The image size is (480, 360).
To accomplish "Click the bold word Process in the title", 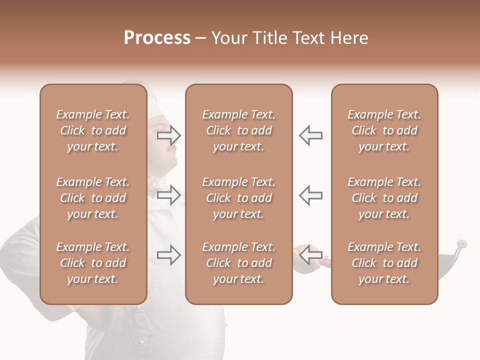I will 157,38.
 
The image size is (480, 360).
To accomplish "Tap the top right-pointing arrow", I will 169,135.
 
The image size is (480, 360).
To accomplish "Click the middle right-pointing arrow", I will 169,195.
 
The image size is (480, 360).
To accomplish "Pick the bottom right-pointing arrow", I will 169,255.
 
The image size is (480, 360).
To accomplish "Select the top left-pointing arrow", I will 310,135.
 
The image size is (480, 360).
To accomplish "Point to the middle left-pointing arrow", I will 310,195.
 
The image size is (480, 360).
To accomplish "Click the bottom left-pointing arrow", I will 310,255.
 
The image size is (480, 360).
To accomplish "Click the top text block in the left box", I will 93,130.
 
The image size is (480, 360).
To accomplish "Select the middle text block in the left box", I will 93,198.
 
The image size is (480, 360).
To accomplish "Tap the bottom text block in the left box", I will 93,263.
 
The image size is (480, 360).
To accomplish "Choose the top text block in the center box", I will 238,130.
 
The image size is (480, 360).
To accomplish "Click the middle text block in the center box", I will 238,198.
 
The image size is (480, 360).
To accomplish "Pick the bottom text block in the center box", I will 238,263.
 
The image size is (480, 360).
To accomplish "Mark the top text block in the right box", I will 384,130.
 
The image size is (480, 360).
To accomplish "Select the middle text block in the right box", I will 384,198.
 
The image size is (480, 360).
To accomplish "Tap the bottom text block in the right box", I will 384,263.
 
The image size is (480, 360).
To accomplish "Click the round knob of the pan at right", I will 463,244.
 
